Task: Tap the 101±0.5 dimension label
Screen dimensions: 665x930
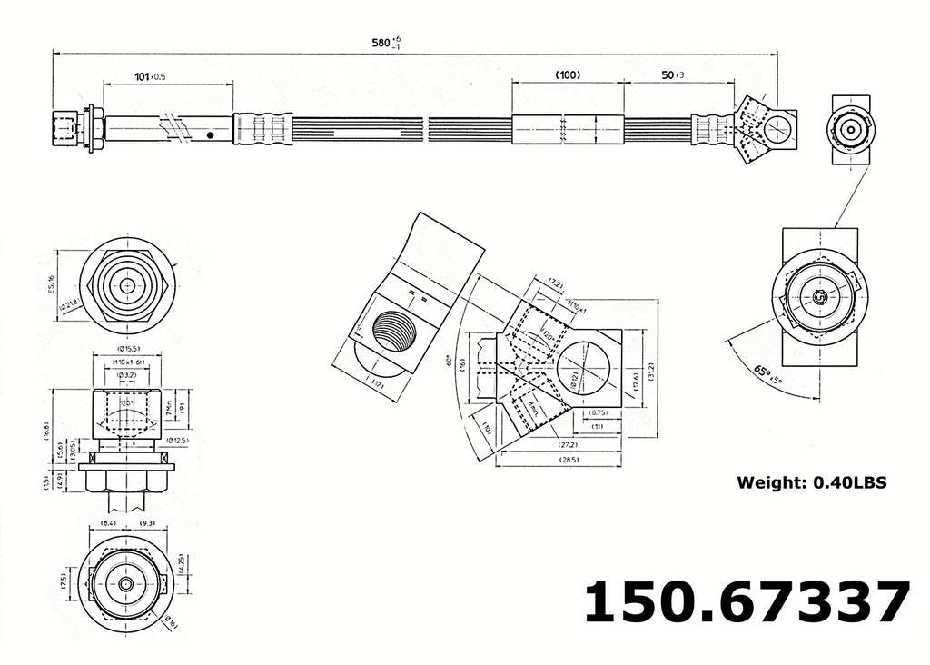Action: [150, 76]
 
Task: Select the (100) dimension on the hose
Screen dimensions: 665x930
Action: [568, 75]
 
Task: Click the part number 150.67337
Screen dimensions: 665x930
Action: [746, 601]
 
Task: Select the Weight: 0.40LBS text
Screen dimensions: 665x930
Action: [811, 482]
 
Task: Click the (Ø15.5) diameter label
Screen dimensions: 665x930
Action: [127, 349]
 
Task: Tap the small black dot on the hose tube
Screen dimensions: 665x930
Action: [211, 134]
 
